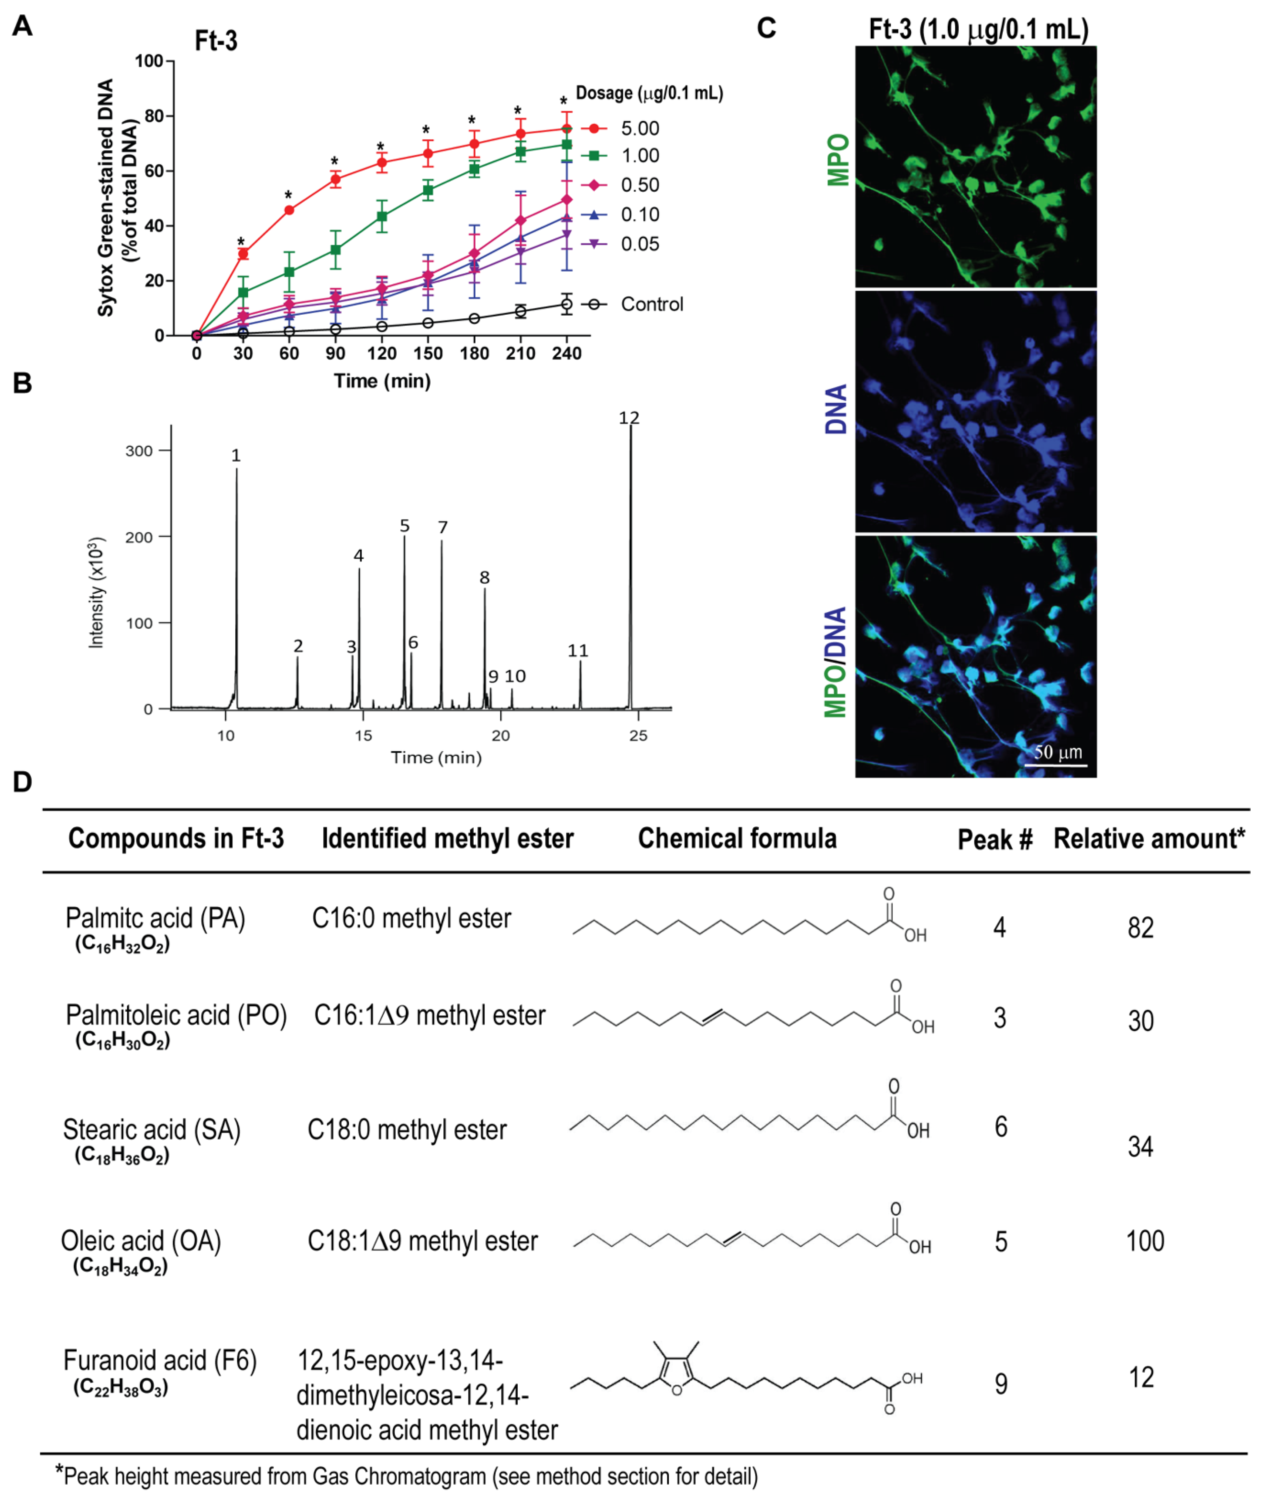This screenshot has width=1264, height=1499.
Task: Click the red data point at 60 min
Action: coord(289,210)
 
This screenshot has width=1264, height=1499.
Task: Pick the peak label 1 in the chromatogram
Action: coord(236,456)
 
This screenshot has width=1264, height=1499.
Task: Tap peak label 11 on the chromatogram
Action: coord(578,650)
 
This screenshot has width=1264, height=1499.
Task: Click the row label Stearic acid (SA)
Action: coord(152,1130)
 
